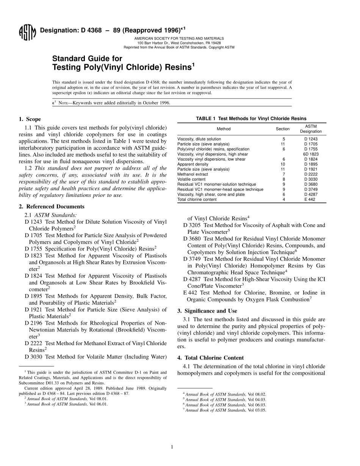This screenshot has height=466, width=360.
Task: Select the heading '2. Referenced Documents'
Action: (x=52, y=206)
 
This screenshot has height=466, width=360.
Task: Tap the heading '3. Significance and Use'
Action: (x=207, y=311)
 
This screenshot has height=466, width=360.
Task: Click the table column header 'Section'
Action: (x=283, y=129)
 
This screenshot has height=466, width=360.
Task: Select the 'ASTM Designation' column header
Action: (x=311, y=129)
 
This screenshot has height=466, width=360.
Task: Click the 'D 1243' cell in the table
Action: (x=311, y=139)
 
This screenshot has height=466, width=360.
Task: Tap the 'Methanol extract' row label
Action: (x=193, y=174)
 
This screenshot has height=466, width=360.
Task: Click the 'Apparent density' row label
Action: (x=193, y=164)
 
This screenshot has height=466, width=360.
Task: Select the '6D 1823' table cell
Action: (x=311, y=154)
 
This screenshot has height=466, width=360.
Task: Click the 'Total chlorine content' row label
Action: (x=197, y=199)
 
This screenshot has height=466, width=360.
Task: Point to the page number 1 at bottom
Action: (x=172, y=447)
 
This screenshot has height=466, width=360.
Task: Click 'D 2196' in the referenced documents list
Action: (x=33, y=323)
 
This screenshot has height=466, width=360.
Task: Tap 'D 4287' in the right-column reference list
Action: (x=192, y=279)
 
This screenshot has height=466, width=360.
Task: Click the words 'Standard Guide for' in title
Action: (x=87, y=59)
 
